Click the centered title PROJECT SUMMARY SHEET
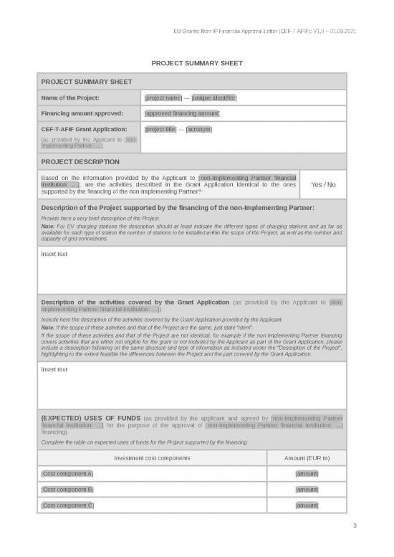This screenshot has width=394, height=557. pos(197,63)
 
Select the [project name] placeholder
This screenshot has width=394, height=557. pos(163,97)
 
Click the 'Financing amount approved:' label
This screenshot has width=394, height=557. pos(82,113)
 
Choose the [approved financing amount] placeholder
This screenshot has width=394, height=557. pos(182,113)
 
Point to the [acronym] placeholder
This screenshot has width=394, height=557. pos(198,129)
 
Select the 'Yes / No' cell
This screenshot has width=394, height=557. pos(323,184)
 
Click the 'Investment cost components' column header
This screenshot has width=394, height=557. pos(152,458)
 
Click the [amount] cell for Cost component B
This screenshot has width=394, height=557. pos(307,490)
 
